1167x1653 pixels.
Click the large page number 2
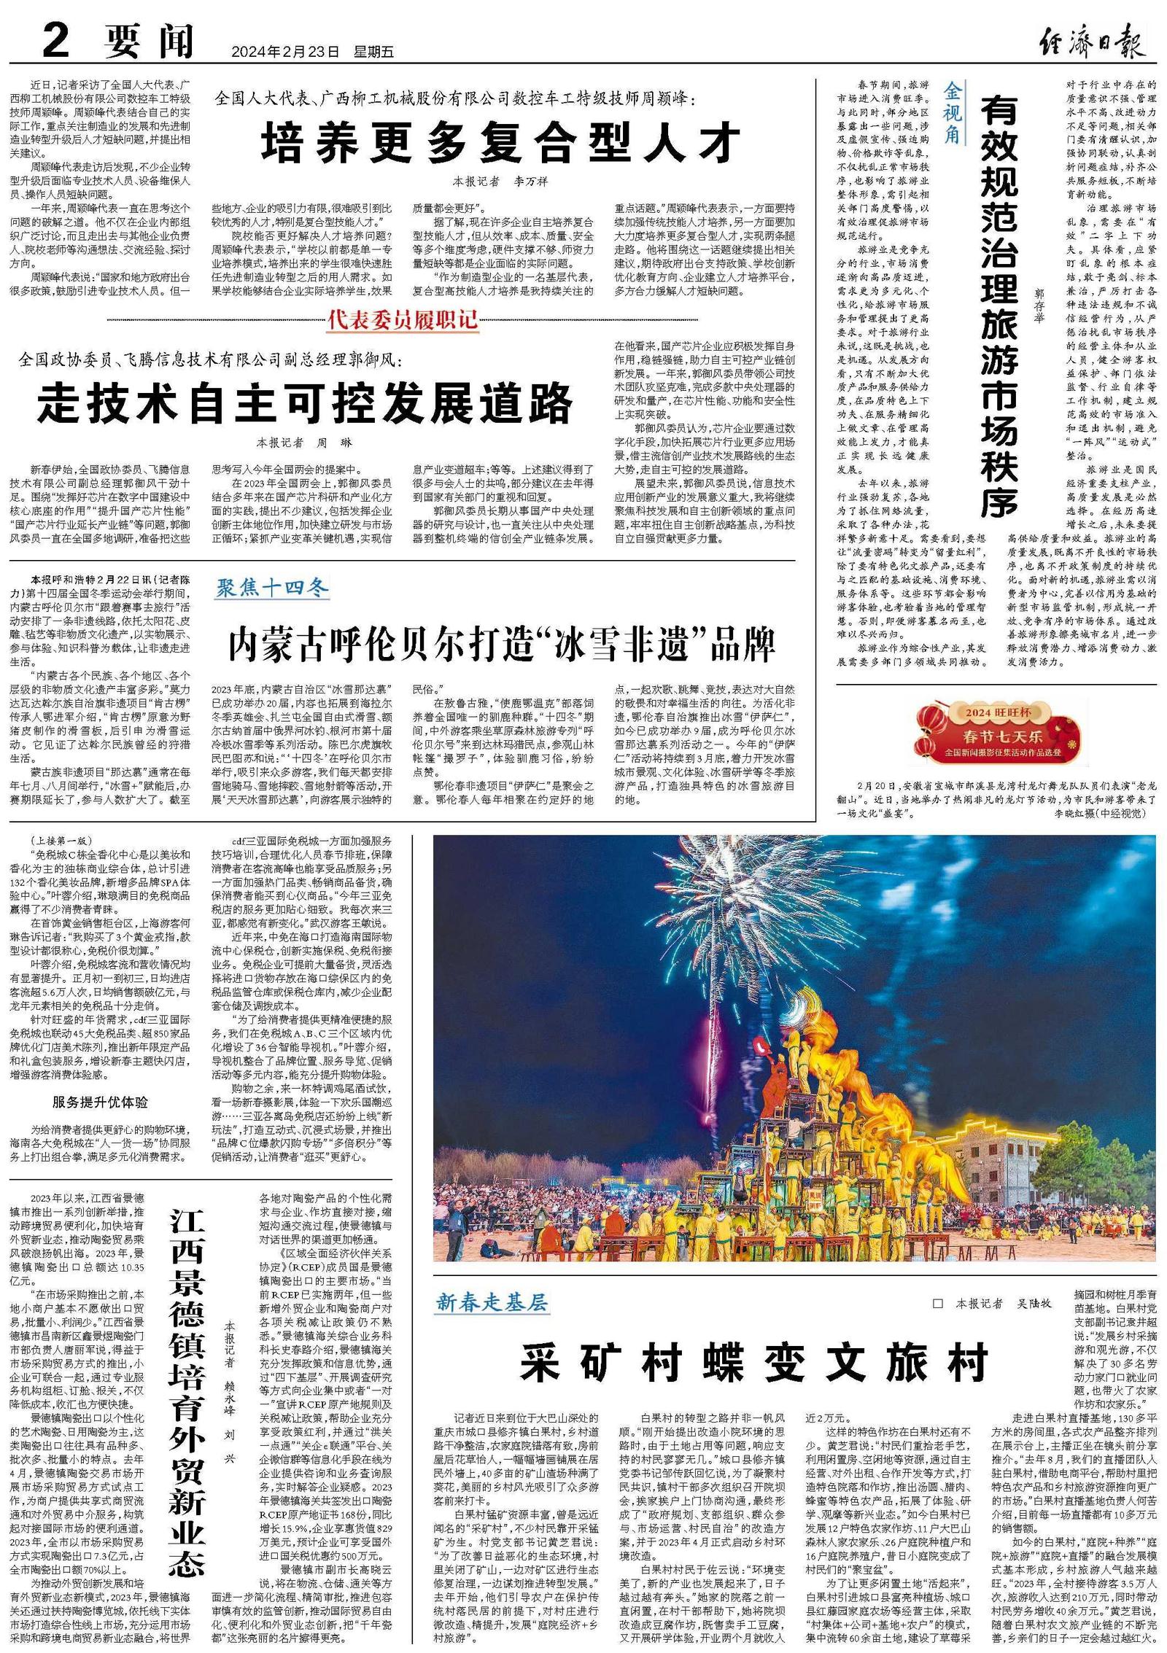tap(55, 41)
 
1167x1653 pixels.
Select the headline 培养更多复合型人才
tap(501, 142)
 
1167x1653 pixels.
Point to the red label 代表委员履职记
tap(403, 319)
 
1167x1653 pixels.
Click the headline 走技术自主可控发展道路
tap(306, 403)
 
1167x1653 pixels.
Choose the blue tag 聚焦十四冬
tap(271, 588)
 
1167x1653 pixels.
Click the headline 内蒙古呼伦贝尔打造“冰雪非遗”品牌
tap(502, 644)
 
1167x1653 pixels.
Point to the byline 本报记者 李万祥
tap(500, 182)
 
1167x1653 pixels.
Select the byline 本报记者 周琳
tap(304, 443)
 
